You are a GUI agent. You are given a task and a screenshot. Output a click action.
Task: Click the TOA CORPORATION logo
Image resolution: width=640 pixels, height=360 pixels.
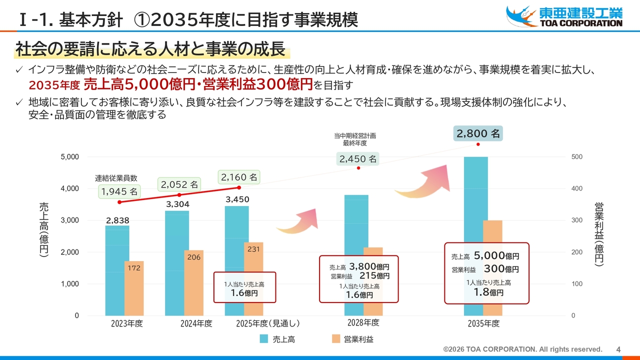(x=564, y=16)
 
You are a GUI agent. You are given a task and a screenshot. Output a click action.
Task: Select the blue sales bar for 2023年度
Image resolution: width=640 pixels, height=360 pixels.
(x=117, y=270)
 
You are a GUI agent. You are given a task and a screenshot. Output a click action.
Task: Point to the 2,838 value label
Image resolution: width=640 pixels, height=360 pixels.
(x=117, y=220)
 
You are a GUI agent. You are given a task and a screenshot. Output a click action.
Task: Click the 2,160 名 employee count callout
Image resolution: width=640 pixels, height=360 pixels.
(x=239, y=177)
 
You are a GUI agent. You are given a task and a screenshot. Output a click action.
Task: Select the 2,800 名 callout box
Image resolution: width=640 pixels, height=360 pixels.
(x=478, y=133)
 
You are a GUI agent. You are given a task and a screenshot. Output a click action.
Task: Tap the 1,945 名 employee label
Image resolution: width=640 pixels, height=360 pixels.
(x=119, y=191)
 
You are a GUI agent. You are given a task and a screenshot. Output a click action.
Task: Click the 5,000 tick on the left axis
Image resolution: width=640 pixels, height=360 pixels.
(x=70, y=157)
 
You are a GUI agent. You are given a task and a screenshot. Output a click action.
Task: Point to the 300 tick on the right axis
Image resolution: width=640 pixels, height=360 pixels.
(x=577, y=220)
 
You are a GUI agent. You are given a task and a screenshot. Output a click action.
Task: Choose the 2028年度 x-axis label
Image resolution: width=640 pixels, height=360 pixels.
(x=363, y=322)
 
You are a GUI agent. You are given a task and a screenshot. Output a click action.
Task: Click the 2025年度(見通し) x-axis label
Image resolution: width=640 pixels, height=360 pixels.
(x=268, y=323)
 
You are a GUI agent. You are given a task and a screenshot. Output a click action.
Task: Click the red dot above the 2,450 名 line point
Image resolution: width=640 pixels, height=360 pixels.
(x=358, y=168)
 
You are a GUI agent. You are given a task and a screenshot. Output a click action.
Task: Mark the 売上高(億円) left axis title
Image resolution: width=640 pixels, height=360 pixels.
(x=44, y=230)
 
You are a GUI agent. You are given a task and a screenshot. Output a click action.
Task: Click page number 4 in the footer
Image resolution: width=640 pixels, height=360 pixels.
(x=618, y=349)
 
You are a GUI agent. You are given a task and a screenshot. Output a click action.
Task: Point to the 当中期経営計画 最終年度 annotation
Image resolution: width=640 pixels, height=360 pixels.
(x=355, y=139)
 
